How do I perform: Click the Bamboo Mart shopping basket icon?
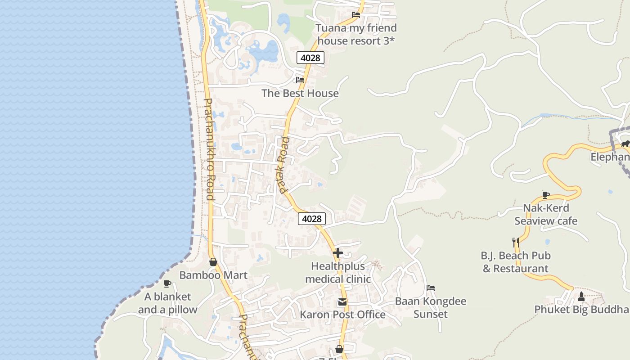[x=213, y=262]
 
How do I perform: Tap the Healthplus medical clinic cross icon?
[x=338, y=253]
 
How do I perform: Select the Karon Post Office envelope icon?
[x=342, y=301]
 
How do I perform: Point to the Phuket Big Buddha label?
[x=581, y=310]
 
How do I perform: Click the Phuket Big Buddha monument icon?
[x=581, y=296]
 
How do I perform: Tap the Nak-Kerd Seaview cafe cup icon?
[x=546, y=195]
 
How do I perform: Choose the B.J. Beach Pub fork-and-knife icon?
[x=516, y=242]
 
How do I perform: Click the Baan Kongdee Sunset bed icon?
[x=431, y=288]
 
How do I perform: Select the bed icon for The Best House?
[x=300, y=80]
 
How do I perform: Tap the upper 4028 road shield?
[x=310, y=58]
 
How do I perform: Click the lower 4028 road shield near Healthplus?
[x=311, y=219]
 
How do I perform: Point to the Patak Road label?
[x=284, y=165]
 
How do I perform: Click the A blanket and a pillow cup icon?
[x=167, y=283]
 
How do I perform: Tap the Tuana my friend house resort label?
[x=356, y=34]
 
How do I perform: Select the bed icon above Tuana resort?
[x=356, y=14]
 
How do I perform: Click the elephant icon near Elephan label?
[x=625, y=144]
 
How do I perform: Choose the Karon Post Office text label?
[x=343, y=315]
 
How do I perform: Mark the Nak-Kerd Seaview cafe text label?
[x=546, y=214]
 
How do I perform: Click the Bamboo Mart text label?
[x=213, y=275]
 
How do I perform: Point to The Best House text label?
[x=300, y=93]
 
